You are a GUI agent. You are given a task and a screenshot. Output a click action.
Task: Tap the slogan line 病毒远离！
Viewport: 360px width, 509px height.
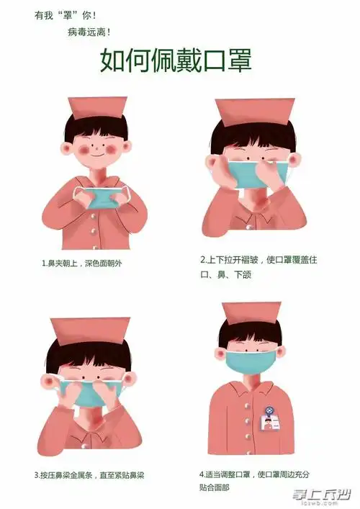click(x=89, y=32)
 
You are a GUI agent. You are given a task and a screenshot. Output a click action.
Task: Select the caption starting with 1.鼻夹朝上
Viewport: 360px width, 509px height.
click(x=82, y=263)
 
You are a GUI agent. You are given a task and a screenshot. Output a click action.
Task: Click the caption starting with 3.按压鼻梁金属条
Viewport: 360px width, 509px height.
click(x=89, y=475)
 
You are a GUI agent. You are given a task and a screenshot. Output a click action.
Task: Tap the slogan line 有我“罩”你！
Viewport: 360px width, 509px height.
click(x=65, y=14)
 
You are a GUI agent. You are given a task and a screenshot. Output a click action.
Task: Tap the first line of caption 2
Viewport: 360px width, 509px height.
click(x=258, y=258)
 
